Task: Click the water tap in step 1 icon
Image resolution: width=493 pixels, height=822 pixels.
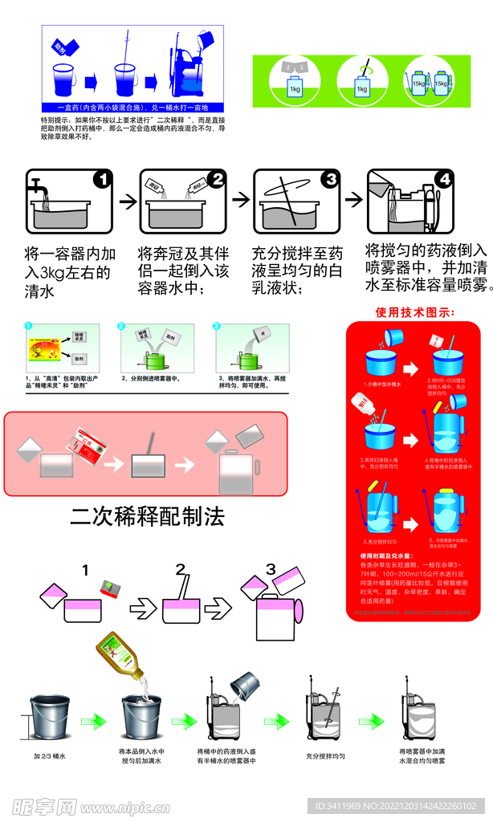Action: [x=38, y=189]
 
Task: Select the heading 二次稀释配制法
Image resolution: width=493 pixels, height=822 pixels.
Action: [x=147, y=515]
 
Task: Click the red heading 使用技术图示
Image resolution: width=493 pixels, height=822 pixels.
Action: [x=414, y=311]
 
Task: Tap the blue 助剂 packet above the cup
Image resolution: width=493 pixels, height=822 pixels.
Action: [x=63, y=49]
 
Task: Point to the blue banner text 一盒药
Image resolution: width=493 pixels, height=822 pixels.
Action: [x=132, y=107]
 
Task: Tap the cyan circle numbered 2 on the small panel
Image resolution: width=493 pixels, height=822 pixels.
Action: [x=121, y=327]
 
